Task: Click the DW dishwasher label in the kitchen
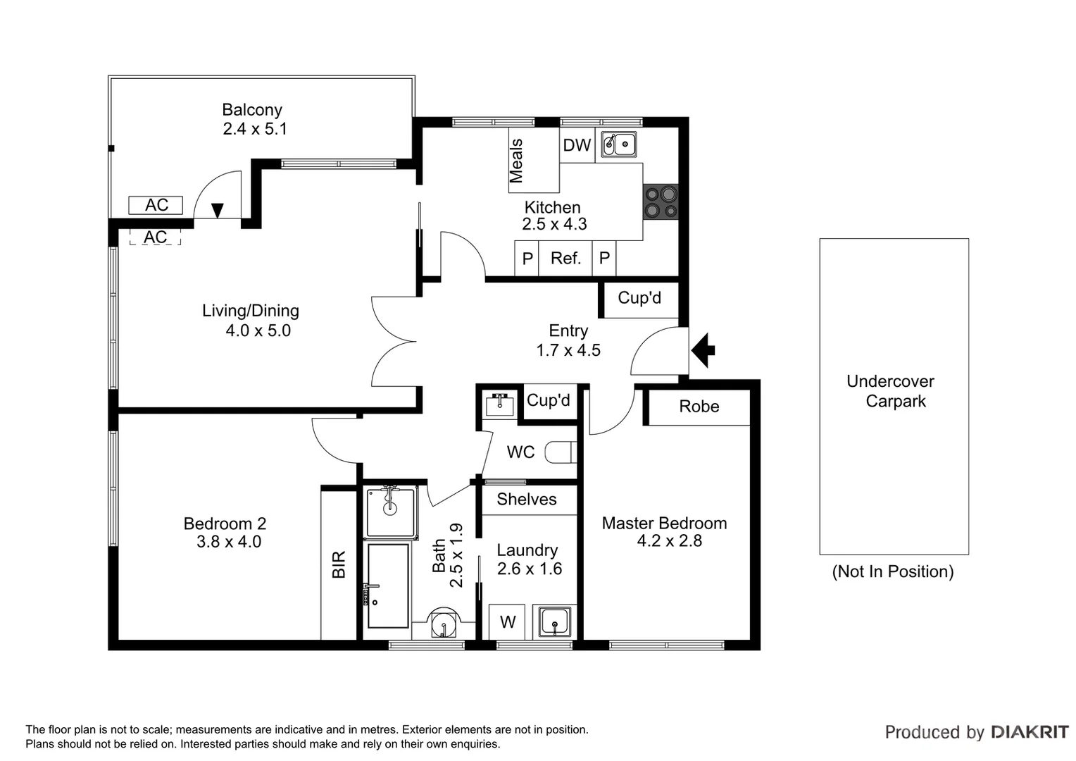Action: point(577,146)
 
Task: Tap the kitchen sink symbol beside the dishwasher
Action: point(619,144)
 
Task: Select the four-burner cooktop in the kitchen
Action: point(661,202)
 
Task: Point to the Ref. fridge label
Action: point(565,259)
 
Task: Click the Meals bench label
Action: point(516,161)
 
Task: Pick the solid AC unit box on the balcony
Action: point(156,205)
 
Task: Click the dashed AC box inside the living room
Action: point(155,237)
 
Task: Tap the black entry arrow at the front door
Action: point(703,349)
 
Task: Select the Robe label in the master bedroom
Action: point(699,407)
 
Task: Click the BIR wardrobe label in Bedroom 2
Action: point(339,564)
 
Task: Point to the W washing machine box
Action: point(507,622)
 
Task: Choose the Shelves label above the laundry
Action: point(526,500)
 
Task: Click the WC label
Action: point(520,452)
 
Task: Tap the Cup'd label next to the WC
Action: point(548,401)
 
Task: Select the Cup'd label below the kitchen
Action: point(639,298)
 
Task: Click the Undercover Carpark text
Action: point(890,391)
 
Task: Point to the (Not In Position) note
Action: point(892,571)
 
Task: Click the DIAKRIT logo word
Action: point(1030,732)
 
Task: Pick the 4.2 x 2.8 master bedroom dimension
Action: point(669,541)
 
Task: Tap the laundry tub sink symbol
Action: point(555,621)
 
